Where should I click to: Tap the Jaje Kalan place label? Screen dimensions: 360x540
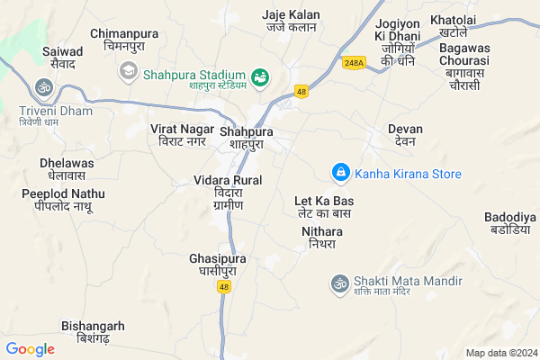coord(291,22)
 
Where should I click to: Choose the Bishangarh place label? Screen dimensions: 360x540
coord(93,331)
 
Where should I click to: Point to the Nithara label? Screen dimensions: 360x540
coord(321,238)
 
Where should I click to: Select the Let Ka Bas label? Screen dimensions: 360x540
coord(324,206)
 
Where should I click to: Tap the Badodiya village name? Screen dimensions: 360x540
coord(509,223)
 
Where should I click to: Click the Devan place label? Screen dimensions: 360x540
coord(405,135)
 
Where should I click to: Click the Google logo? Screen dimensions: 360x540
coord(31,348)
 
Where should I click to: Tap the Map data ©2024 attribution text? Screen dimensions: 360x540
coord(500,352)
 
